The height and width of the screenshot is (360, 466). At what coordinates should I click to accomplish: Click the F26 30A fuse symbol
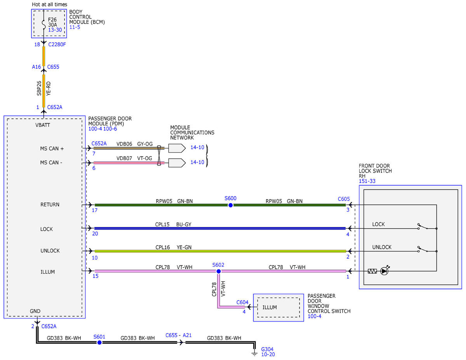44,24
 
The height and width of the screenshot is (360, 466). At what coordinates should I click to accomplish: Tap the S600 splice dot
231,205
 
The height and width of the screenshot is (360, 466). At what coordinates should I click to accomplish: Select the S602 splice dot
219,271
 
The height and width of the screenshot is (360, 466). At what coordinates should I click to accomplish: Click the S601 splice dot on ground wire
99,343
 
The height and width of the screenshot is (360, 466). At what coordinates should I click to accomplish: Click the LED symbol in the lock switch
384,271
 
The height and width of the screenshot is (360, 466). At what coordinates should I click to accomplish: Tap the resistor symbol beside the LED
372,271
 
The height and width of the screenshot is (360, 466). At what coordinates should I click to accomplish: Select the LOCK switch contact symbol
423,226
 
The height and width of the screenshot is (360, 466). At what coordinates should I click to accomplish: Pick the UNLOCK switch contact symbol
423,249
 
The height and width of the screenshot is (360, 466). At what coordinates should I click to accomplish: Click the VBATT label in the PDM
43,125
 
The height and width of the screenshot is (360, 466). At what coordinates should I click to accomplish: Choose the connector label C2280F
57,44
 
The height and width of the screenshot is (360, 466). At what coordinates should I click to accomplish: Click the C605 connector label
344,199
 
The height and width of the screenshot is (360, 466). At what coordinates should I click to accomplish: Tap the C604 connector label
242,302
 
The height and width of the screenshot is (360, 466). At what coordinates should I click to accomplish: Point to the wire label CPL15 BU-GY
173,224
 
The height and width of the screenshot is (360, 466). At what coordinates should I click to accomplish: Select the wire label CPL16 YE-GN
173,247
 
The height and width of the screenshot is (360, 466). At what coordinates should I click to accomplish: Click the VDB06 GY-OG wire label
134,144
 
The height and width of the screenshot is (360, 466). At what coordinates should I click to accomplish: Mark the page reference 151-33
367,181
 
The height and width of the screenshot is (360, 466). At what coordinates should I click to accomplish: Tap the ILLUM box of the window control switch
278,308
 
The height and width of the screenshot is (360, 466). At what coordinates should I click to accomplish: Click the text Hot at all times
49,4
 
